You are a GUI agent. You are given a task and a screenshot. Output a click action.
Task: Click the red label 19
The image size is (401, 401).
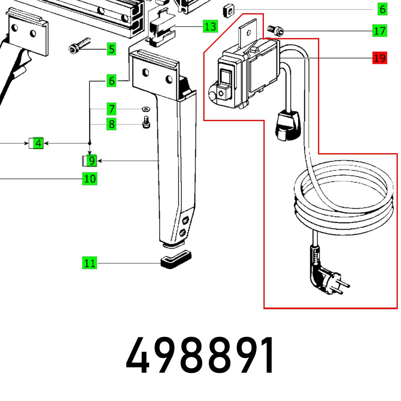click(379, 58)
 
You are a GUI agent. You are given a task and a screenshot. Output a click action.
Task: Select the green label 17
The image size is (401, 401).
click(379, 30)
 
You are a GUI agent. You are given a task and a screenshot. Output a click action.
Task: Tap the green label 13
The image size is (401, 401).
click(210, 27)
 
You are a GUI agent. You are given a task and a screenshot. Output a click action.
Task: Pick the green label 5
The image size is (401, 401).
click(111, 49)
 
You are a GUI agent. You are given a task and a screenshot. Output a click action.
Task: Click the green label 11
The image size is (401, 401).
click(90, 263)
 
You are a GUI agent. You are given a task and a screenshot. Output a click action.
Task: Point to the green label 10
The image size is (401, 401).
click(90, 178)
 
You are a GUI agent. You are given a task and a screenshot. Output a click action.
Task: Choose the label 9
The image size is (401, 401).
click(91, 161)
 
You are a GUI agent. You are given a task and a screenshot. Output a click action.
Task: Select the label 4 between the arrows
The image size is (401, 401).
click(38, 143)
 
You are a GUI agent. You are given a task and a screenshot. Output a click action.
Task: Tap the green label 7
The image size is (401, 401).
click(111, 109)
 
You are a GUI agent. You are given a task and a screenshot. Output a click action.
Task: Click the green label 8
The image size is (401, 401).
click(111, 124)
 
